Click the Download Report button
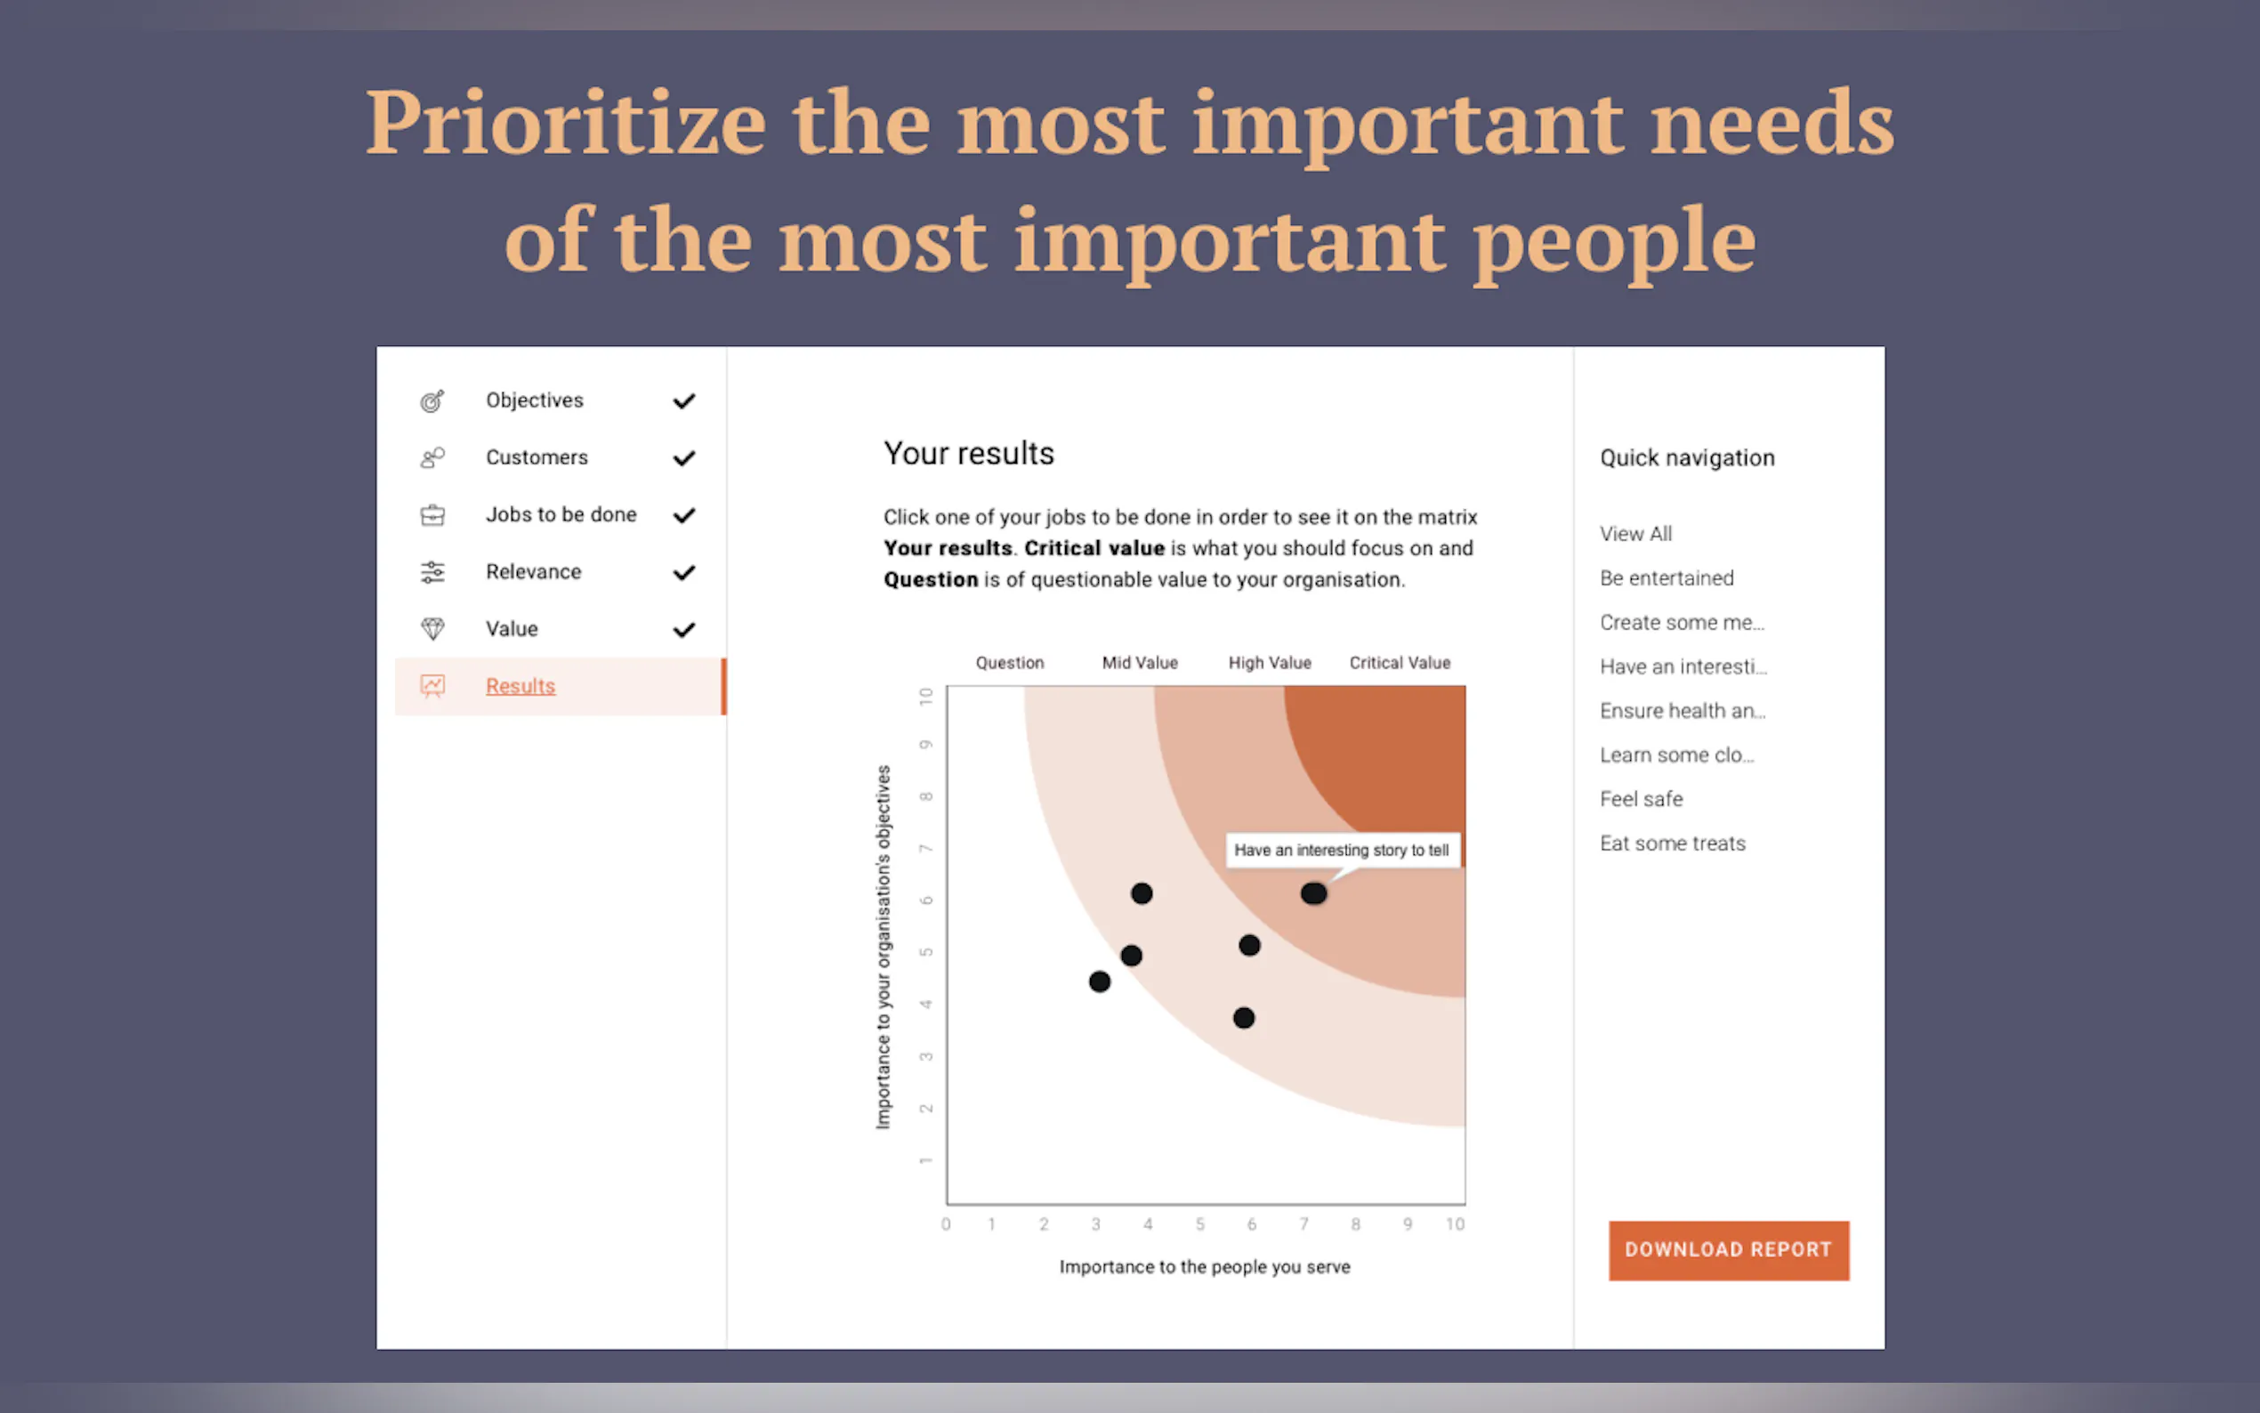pos(1729,1249)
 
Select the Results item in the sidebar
pos(521,686)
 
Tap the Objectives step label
pos(535,400)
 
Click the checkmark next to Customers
pos(684,458)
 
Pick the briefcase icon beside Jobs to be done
pos(432,515)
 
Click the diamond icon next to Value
pos(432,629)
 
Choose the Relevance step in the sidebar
pos(534,572)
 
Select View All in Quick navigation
pos(1636,534)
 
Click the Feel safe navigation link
pos(1642,799)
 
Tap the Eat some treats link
pos(1673,843)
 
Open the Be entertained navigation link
pos(1667,577)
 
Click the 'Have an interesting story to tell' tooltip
pos(1342,851)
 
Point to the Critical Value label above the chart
pos(1400,663)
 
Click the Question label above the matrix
pos(1010,663)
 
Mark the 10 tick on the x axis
pos(1455,1224)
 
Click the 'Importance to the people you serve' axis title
pos(1204,1267)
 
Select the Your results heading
pos(969,453)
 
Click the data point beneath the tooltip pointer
pos(1313,893)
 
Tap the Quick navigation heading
pos(1687,458)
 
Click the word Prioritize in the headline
pos(566,123)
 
